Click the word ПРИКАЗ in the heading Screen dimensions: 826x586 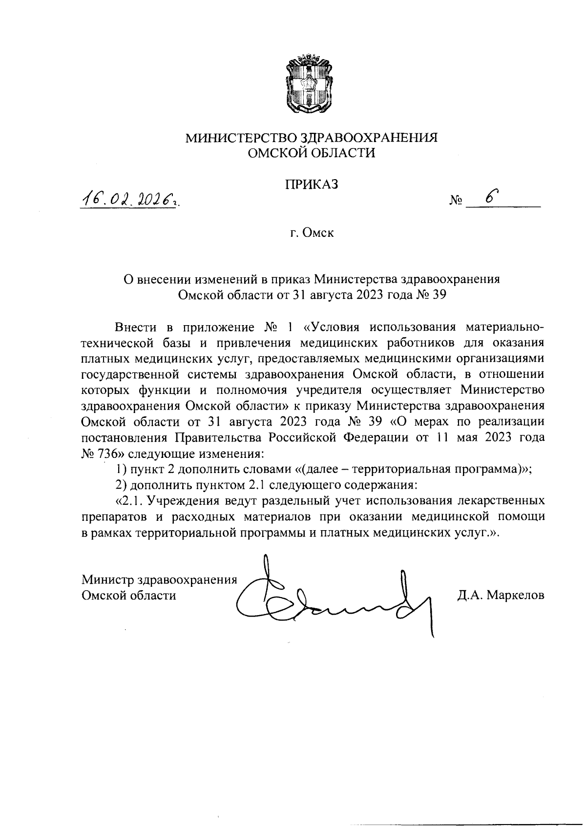(312, 185)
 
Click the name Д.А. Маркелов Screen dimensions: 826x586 (501, 595)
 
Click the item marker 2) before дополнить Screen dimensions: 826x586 (121, 485)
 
